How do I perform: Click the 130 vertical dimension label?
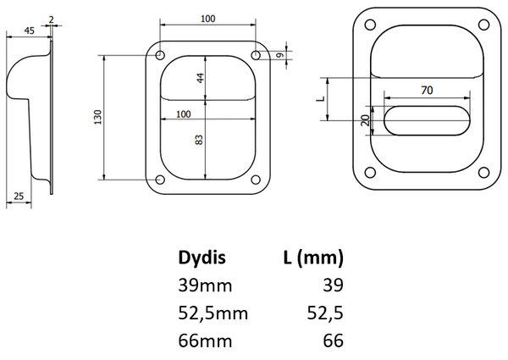[x=97, y=117]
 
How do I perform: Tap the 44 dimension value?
[x=201, y=78]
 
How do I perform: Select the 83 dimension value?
[x=199, y=140]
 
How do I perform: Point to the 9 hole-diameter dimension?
[x=281, y=55]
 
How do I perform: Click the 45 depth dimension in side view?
[x=29, y=30]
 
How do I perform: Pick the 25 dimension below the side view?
[x=19, y=196]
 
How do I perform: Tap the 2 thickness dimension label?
[x=51, y=19]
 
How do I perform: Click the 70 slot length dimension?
[x=427, y=90]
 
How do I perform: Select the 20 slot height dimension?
[x=366, y=120]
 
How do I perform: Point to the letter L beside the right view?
[x=320, y=98]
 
